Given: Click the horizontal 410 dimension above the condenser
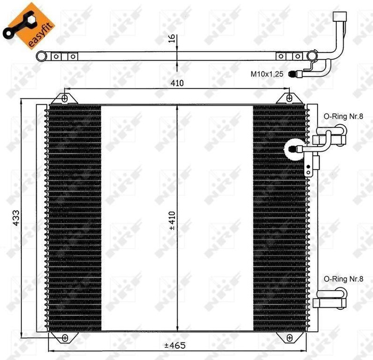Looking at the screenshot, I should [177, 83].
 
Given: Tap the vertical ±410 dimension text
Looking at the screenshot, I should [172, 219].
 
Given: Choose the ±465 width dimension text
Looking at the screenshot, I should [174, 346].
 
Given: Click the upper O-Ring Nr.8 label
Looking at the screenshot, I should [343, 116].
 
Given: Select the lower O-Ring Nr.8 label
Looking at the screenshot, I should [343, 278].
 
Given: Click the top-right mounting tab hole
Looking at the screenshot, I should [289, 98].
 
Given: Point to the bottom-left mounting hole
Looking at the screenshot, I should [64, 338].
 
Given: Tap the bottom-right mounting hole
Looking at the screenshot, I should [289, 338].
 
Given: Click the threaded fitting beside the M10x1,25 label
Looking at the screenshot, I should [294, 74].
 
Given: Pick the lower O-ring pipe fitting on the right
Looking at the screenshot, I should [330, 298].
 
